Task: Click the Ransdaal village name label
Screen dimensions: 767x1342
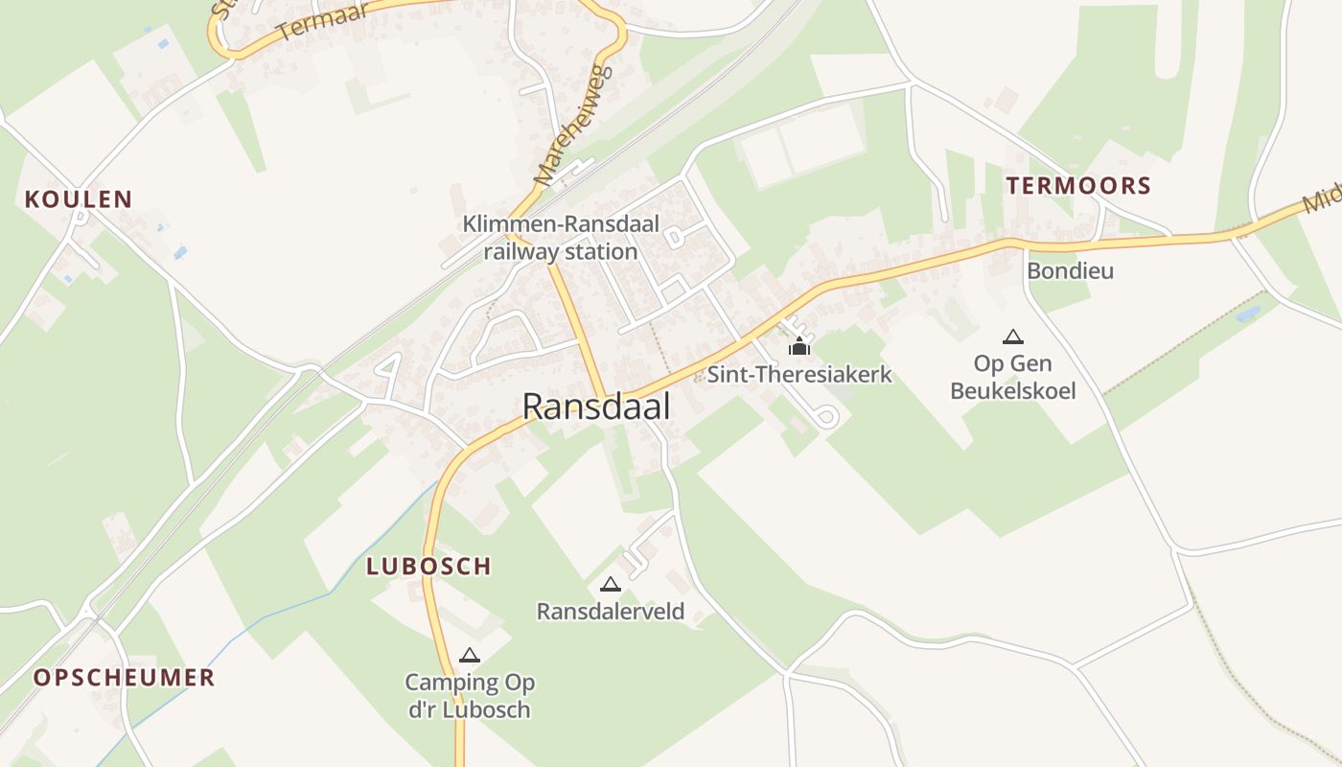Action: [x=595, y=407]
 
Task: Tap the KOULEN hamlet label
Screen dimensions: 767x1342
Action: [x=79, y=199]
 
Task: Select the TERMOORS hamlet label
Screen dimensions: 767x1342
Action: [x=1078, y=186]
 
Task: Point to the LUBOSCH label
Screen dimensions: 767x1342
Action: [x=428, y=567]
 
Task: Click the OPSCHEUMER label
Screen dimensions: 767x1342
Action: [x=125, y=678]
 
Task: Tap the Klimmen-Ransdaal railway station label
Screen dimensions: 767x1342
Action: [x=561, y=238]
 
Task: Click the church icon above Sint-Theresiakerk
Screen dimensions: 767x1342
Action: [x=799, y=346]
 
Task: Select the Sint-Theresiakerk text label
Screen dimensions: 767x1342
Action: [x=799, y=375]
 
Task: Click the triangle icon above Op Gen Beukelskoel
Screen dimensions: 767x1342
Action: [x=1012, y=337]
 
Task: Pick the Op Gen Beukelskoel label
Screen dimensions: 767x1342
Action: [x=1012, y=377]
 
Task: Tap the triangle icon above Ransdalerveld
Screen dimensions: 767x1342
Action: [x=610, y=584]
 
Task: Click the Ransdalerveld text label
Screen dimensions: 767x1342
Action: [x=611, y=612]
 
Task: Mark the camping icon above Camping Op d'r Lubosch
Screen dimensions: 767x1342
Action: [x=469, y=656]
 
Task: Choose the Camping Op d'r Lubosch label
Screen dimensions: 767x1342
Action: [x=469, y=696]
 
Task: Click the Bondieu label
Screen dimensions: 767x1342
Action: [x=1070, y=271]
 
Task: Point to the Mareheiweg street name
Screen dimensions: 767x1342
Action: [x=559, y=125]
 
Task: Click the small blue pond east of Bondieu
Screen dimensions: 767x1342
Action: [x=1248, y=314]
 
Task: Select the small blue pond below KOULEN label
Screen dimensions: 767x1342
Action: [x=179, y=253]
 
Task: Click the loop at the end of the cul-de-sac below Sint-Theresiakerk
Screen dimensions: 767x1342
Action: [x=827, y=417]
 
